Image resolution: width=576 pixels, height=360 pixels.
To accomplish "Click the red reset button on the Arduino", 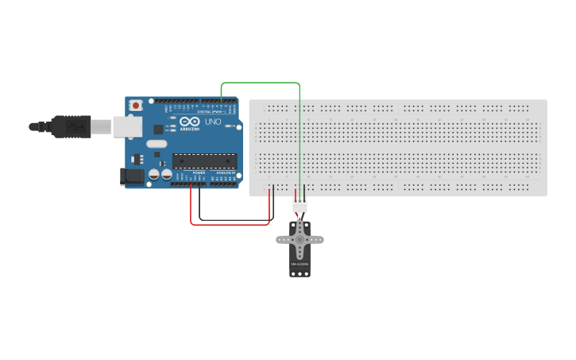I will tap(137, 105).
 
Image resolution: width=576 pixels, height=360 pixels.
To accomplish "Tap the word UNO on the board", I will tap(213, 122).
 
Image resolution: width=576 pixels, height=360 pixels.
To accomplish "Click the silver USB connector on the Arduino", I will tap(125, 126).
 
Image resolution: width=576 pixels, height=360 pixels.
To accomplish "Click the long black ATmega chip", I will tap(204, 161).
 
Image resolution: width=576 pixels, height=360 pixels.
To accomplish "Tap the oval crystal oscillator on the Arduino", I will tap(157, 145).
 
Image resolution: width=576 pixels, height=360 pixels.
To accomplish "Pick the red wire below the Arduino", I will tap(230, 224).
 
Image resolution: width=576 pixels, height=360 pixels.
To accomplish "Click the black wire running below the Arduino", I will tap(234, 219).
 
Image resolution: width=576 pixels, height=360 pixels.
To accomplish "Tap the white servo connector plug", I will tap(300, 206).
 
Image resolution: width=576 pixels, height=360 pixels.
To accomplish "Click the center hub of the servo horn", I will tap(300, 238).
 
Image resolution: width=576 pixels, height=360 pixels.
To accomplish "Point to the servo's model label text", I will tap(300, 264).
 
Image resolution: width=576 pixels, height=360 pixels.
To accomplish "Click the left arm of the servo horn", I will tap(283, 238).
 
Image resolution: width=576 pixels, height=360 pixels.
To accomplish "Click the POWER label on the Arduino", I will tap(199, 172).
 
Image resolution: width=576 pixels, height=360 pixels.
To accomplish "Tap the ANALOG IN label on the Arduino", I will tap(226, 172).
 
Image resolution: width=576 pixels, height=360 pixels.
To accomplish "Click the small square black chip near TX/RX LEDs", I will tap(158, 129).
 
